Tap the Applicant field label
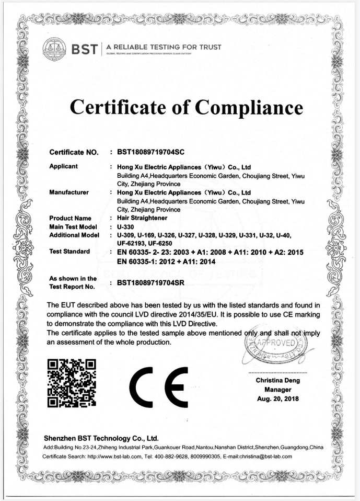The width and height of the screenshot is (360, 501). pyautogui.click(x=63, y=166)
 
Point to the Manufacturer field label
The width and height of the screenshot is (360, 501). pyautogui.click(x=68, y=192)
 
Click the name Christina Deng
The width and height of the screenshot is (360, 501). pyautogui.click(x=278, y=380)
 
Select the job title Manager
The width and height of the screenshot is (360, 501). pyautogui.click(x=278, y=390)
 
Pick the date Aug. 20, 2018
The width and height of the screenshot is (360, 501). pyautogui.click(x=278, y=399)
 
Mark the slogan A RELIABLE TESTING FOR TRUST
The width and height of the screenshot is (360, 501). pyautogui.click(x=164, y=47)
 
